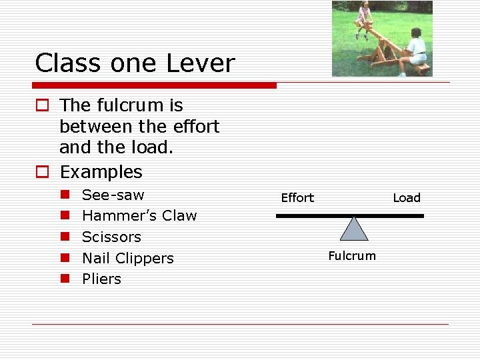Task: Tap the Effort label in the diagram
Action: [297, 197]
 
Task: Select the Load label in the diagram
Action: [407, 197]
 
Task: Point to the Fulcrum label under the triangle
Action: [352, 256]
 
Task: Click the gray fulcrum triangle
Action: [354, 230]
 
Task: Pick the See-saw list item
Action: [113, 195]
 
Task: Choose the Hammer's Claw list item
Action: [139, 216]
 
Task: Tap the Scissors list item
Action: [111, 237]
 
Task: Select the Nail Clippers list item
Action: [127, 258]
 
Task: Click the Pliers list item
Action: [101, 279]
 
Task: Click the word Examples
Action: [101, 172]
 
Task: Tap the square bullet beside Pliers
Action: [65, 279]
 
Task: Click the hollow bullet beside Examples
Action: [42, 173]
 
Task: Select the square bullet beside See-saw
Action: [65, 195]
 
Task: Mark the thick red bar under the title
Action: [154, 85]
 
